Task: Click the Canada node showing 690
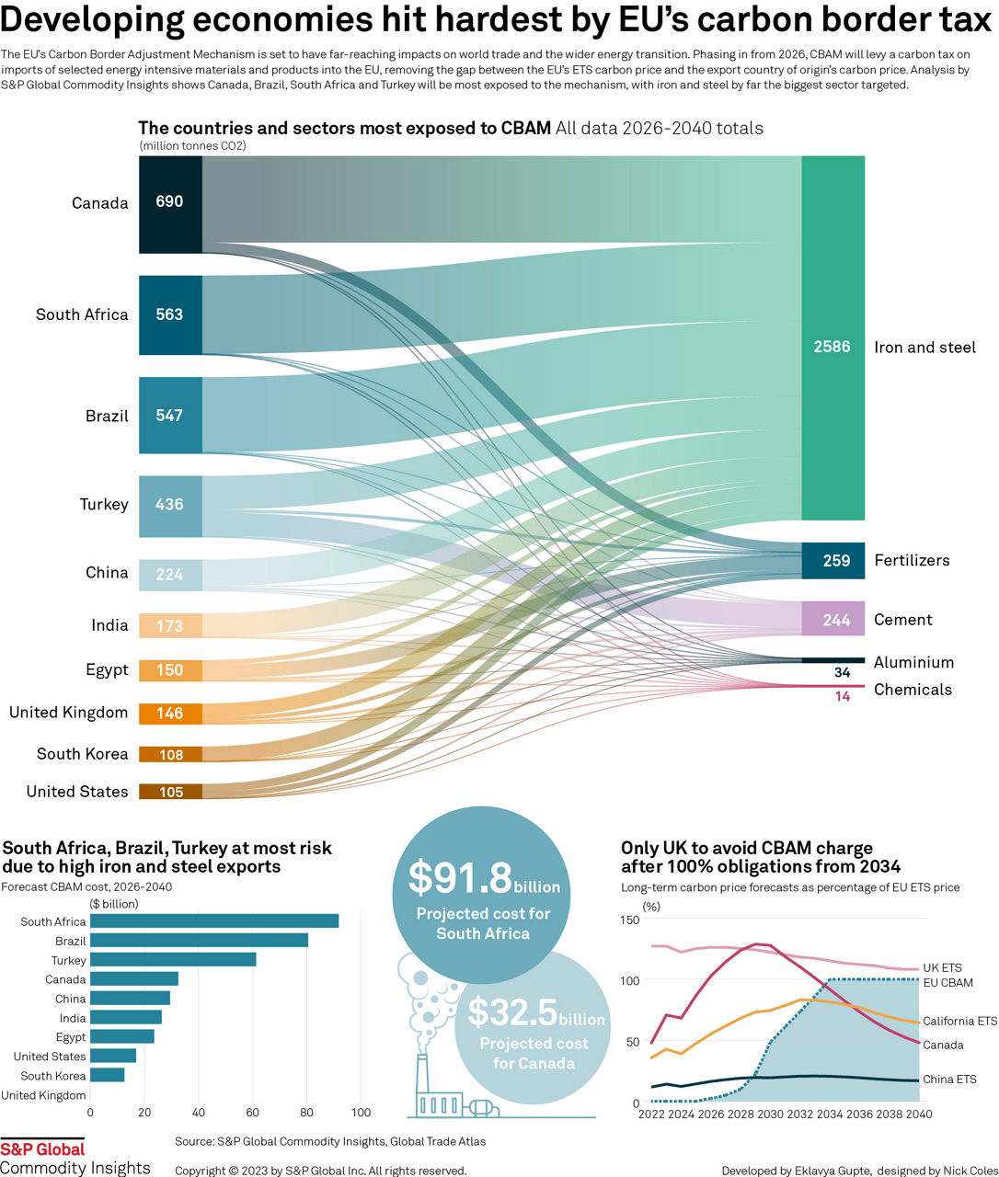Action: click(x=170, y=203)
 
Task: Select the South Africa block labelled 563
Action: click(x=170, y=314)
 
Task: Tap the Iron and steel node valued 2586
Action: click(x=832, y=338)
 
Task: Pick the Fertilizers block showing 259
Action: click(x=832, y=560)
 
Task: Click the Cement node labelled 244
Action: click(x=832, y=619)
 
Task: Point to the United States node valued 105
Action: click(x=170, y=792)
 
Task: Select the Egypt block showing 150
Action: click(x=170, y=670)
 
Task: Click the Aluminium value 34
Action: click(x=842, y=673)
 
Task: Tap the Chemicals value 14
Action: click(x=842, y=697)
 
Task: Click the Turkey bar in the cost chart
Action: click(x=173, y=960)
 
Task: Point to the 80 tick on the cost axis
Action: click(x=306, y=1113)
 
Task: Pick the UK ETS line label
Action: click(x=942, y=968)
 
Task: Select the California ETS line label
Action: click(x=959, y=1022)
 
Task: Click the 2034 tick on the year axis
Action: click(x=829, y=1114)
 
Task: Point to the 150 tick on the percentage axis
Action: click(x=629, y=920)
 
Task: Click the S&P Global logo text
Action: click(x=42, y=1149)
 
